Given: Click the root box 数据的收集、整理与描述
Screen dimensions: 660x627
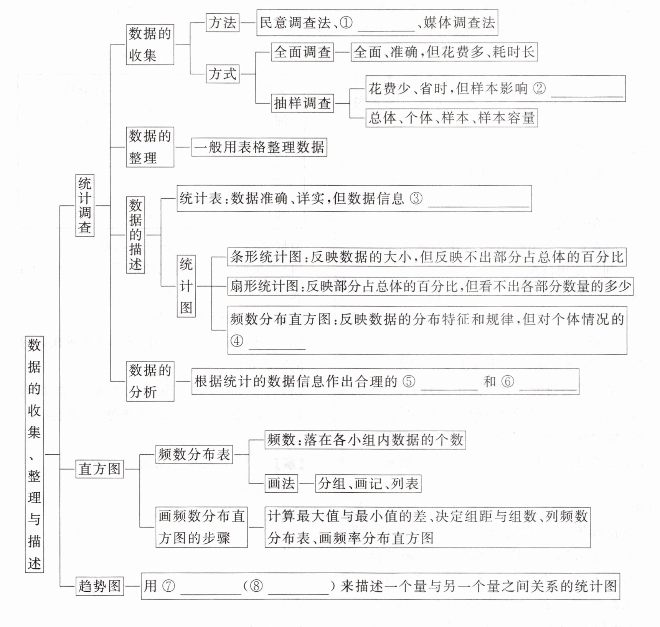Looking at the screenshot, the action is point(34,454).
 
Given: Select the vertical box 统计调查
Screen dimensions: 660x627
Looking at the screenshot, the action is point(84,206).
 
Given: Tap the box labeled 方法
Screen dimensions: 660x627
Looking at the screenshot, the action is point(223,23).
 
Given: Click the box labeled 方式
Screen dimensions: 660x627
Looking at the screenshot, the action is point(223,74).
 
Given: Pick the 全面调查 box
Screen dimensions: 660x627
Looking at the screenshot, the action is point(302,52).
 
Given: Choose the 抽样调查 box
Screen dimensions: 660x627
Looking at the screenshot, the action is point(302,103).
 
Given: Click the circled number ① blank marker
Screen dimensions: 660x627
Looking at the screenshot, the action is point(346,23).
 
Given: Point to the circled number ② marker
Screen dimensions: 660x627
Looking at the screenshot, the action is point(539,89).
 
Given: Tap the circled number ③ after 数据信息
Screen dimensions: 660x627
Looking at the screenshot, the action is point(416,198).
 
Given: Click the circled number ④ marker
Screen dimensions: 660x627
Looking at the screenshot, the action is point(237,340).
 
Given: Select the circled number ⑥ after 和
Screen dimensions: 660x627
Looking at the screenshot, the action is point(507,381).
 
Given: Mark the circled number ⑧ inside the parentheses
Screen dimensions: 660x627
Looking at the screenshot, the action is point(256,586).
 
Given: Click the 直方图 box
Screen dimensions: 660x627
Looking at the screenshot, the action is point(99,469).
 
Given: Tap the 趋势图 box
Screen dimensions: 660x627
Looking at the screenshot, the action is point(99,586).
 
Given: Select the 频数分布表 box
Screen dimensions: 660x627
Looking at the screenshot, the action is point(194,454).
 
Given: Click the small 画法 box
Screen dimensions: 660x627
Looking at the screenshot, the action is point(281,483).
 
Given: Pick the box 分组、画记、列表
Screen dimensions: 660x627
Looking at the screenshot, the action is point(368,483).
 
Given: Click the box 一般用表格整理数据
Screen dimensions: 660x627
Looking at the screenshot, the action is point(259,147).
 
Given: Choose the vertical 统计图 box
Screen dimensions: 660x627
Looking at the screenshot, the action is point(186,286).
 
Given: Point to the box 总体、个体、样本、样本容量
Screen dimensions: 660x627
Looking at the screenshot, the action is point(451,118).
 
